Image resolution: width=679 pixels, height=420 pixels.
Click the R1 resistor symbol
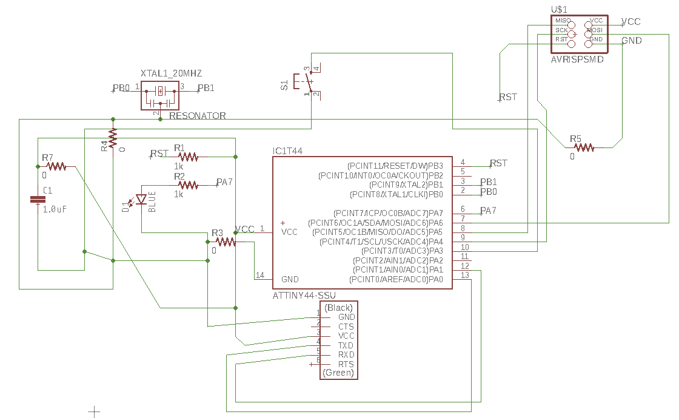(188, 157)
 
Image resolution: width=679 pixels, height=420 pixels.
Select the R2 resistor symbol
(188, 185)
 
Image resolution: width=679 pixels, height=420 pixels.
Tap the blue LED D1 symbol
(142, 200)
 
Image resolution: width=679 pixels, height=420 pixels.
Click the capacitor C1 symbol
(38, 200)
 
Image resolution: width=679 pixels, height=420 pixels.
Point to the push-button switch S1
(306, 81)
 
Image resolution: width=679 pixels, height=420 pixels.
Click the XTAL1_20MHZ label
(171, 73)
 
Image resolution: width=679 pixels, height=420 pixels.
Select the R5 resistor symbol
(584, 147)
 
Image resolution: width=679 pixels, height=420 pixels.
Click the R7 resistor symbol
(56, 166)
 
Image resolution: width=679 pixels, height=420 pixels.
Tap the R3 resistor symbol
(226, 242)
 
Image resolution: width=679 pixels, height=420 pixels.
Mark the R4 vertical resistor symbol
(112, 138)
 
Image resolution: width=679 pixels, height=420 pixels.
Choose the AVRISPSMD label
(577, 59)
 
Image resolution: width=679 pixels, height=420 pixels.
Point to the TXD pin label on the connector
(346, 345)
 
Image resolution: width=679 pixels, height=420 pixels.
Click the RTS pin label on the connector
(346, 364)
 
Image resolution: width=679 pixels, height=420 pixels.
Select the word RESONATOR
(198, 115)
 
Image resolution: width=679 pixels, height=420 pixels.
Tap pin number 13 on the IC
(464, 276)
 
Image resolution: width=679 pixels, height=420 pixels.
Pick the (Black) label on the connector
(338, 308)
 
